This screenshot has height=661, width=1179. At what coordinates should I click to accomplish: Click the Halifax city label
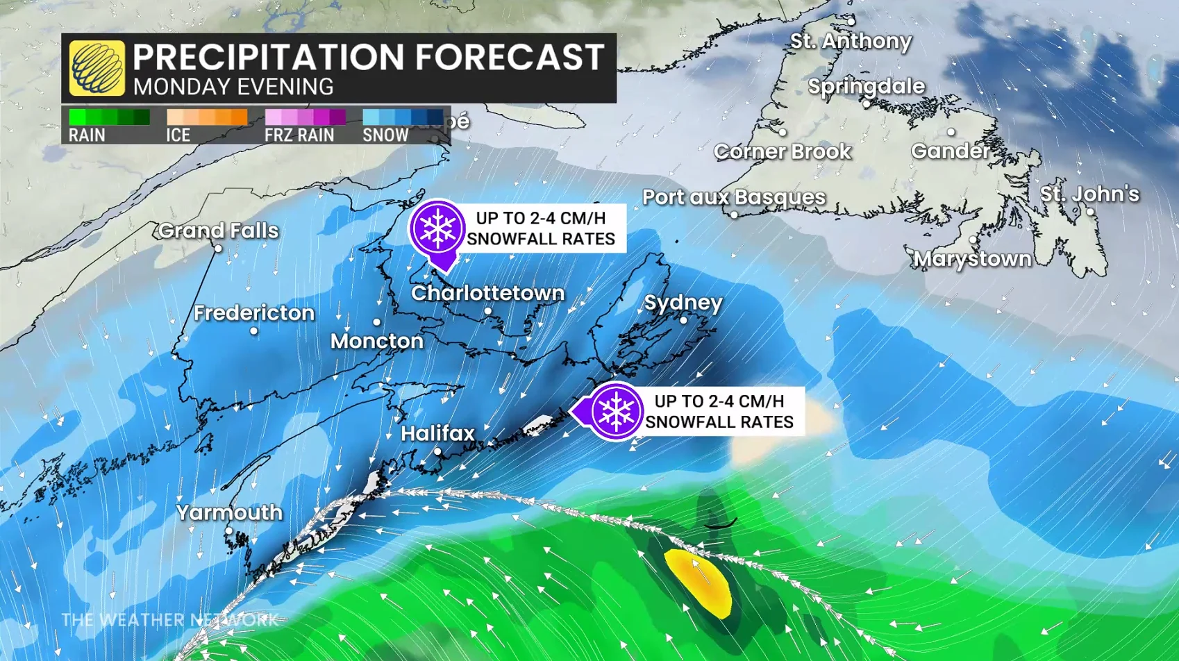(437, 433)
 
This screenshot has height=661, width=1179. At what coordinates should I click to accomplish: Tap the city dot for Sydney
(683, 320)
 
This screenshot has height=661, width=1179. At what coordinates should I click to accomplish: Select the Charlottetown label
(487, 293)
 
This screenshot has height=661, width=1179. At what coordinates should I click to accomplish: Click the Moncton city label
(376, 341)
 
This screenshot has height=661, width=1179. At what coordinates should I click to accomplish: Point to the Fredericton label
(253, 313)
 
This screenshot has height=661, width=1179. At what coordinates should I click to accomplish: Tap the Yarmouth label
(229, 512)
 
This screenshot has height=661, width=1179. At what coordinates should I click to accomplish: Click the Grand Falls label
(218, 231)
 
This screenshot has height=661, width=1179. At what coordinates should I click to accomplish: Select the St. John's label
(1089, 194)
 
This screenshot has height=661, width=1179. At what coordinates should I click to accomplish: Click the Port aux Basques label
(733, 197)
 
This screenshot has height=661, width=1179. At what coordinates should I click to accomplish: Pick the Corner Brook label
(782, 151)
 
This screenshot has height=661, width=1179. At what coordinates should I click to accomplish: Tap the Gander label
(950, 151)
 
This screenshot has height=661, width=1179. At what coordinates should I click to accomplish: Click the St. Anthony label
(851, 41)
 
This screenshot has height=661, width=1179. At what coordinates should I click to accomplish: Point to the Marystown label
(972, 259)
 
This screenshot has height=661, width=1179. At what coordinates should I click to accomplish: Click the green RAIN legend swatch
(109, 117)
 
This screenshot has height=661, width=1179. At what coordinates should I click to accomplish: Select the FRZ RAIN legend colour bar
(305, 117)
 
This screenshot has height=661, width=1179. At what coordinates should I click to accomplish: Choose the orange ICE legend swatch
(207, 117)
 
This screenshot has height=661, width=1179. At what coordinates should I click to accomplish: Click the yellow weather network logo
(97, 68)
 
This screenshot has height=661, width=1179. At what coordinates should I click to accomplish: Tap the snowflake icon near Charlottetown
(437, 228)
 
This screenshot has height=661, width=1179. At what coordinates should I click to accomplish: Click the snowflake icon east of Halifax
(615, 411)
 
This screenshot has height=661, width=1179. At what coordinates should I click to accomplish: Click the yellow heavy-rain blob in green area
(700, 582)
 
